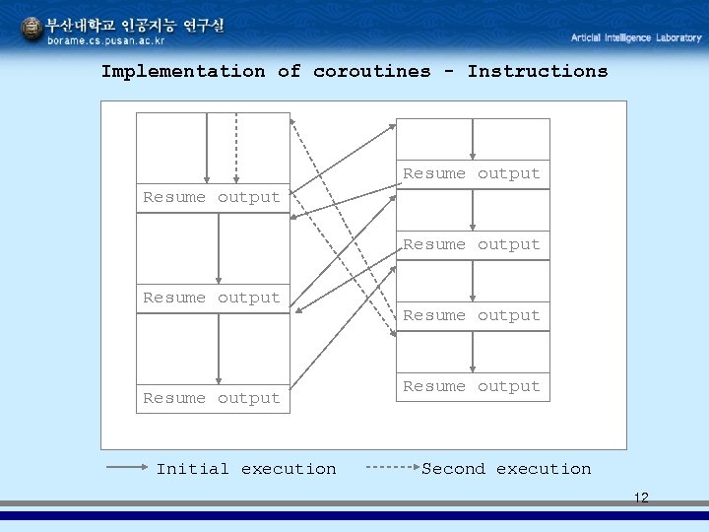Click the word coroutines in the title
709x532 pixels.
(371, 71)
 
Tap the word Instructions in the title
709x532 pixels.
(537, 71)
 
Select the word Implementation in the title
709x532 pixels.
(183, 71)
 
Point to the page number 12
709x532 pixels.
(641, 498)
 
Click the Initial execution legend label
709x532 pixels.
(245, 469)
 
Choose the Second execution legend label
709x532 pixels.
(506, 469)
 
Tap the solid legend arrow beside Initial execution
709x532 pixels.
(127, 469)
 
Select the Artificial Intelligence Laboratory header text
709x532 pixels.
(636, 37)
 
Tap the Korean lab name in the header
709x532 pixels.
(136, 25)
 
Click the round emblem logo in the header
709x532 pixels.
(32, 31)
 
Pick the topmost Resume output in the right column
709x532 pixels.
(472, 173)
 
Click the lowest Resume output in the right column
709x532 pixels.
(472, 386)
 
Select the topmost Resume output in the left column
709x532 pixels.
(212, 197)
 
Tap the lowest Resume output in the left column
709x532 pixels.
(212, 398)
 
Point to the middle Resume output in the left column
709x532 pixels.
(212, 298)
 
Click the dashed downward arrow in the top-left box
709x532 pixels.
(236, 148)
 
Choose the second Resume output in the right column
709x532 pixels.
(472, 244)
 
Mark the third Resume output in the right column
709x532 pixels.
(472, 315)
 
